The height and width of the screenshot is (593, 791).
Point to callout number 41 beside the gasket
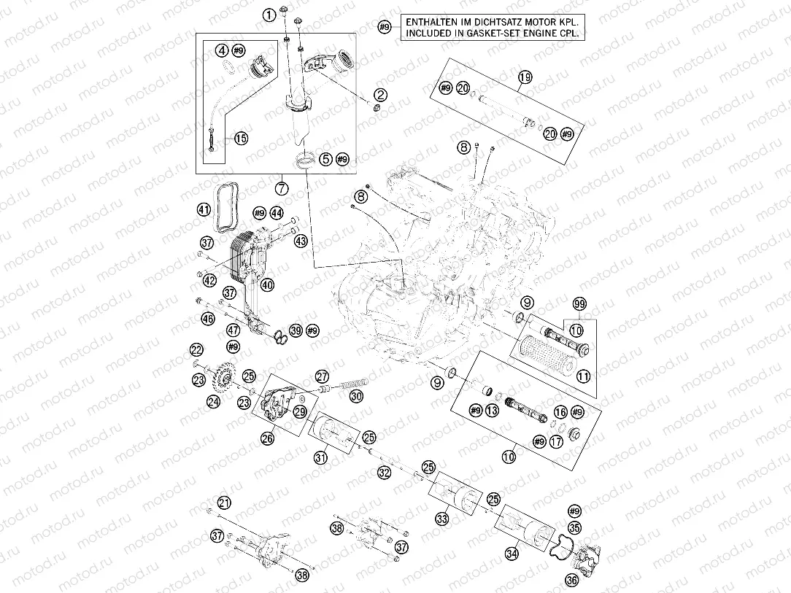coord(204,211)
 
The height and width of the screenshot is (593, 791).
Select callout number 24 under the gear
coord(213,400)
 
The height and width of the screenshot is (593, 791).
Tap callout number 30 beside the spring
coord(355,396)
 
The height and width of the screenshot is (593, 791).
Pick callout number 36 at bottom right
coord(571,580)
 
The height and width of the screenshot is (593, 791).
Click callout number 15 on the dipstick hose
coord(241,138)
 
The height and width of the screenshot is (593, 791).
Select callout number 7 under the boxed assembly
coord(282,187)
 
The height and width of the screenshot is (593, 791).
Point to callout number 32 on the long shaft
coord(385,473)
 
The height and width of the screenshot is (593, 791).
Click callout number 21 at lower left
coord(224,503)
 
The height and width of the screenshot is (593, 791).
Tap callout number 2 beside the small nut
coord(380,94)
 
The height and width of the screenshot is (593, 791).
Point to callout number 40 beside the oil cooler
coord(267,285)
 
